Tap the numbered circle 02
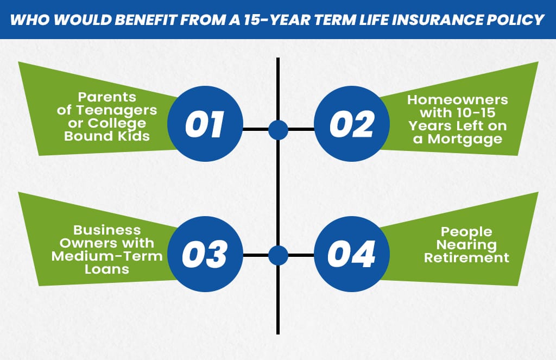pyautogui.click(x=351, y=124)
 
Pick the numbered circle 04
pyautogui.click(x=351, y=255)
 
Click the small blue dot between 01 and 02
pyautogui.click(x=278, y=129)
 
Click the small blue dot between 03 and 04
pyautogui.click(x=278, y=255)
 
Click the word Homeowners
pyautogui.click(x=458, y=100)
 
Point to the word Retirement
pyautogui.click(x=467, y=257)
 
